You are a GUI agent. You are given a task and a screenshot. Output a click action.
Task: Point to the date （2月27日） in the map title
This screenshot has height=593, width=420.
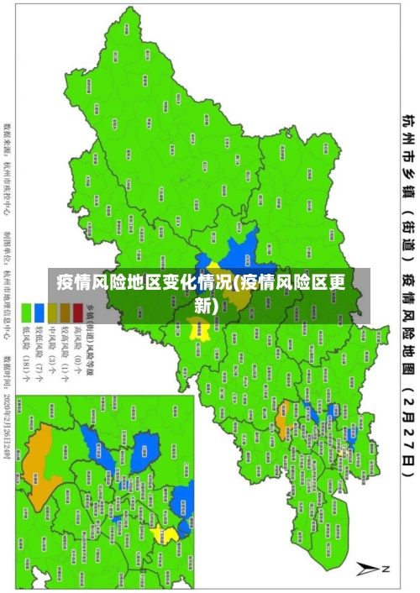coord(409,438)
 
